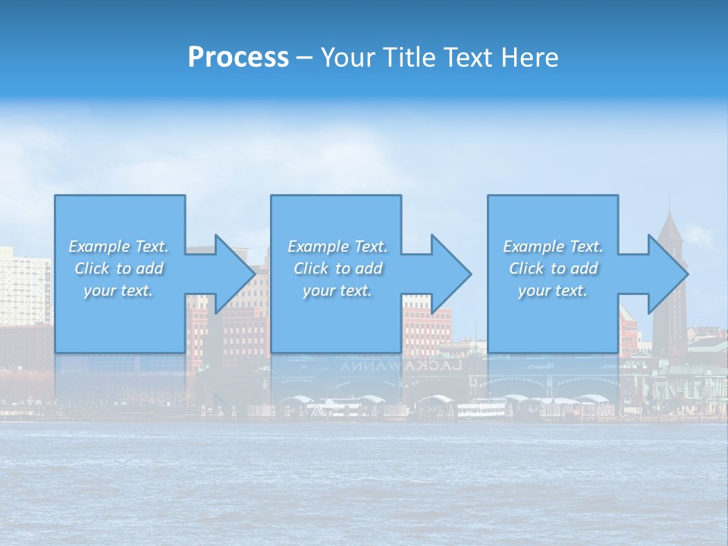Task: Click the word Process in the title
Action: click(x=238, y=58)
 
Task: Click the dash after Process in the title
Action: click(x=305, y=58)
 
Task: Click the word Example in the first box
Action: click(x=99, y=246)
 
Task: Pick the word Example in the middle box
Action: click(x=318, y=246)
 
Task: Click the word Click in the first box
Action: click(x=91, y=268)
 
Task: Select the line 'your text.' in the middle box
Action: click(x=337, y=290)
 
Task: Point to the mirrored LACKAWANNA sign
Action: click(x=401, y=366)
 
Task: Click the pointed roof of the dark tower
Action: click(x=671, y=224)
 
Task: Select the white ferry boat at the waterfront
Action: click(x=481, y=410)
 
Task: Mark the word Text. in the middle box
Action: click(x=371, y=246)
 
